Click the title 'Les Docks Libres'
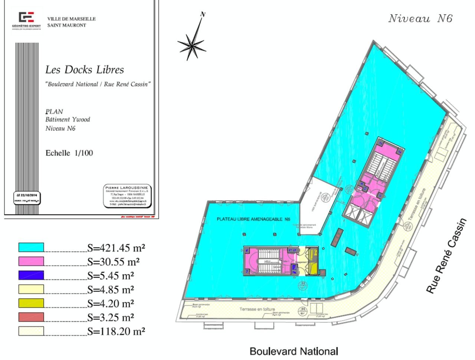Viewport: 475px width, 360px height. (85, 70)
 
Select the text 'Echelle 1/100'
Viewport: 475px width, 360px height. (69, 153)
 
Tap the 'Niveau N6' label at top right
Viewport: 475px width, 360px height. (420, 19)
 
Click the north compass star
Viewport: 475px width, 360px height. (191, 44)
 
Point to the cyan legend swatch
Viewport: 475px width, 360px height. (32, 248)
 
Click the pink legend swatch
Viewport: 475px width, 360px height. (32, 262)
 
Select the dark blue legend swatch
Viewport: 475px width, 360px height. (32, 275)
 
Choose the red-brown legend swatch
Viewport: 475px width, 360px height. (32, 317)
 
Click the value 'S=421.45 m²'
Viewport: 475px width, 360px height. (116, 248)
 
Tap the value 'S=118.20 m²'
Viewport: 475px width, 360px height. (116, 331)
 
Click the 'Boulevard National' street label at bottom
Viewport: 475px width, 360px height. (294, 351)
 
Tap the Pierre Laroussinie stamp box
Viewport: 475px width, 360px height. (128, 195)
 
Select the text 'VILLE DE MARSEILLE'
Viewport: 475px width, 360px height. (71, 19)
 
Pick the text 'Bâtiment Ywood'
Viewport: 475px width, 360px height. (68, 120)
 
